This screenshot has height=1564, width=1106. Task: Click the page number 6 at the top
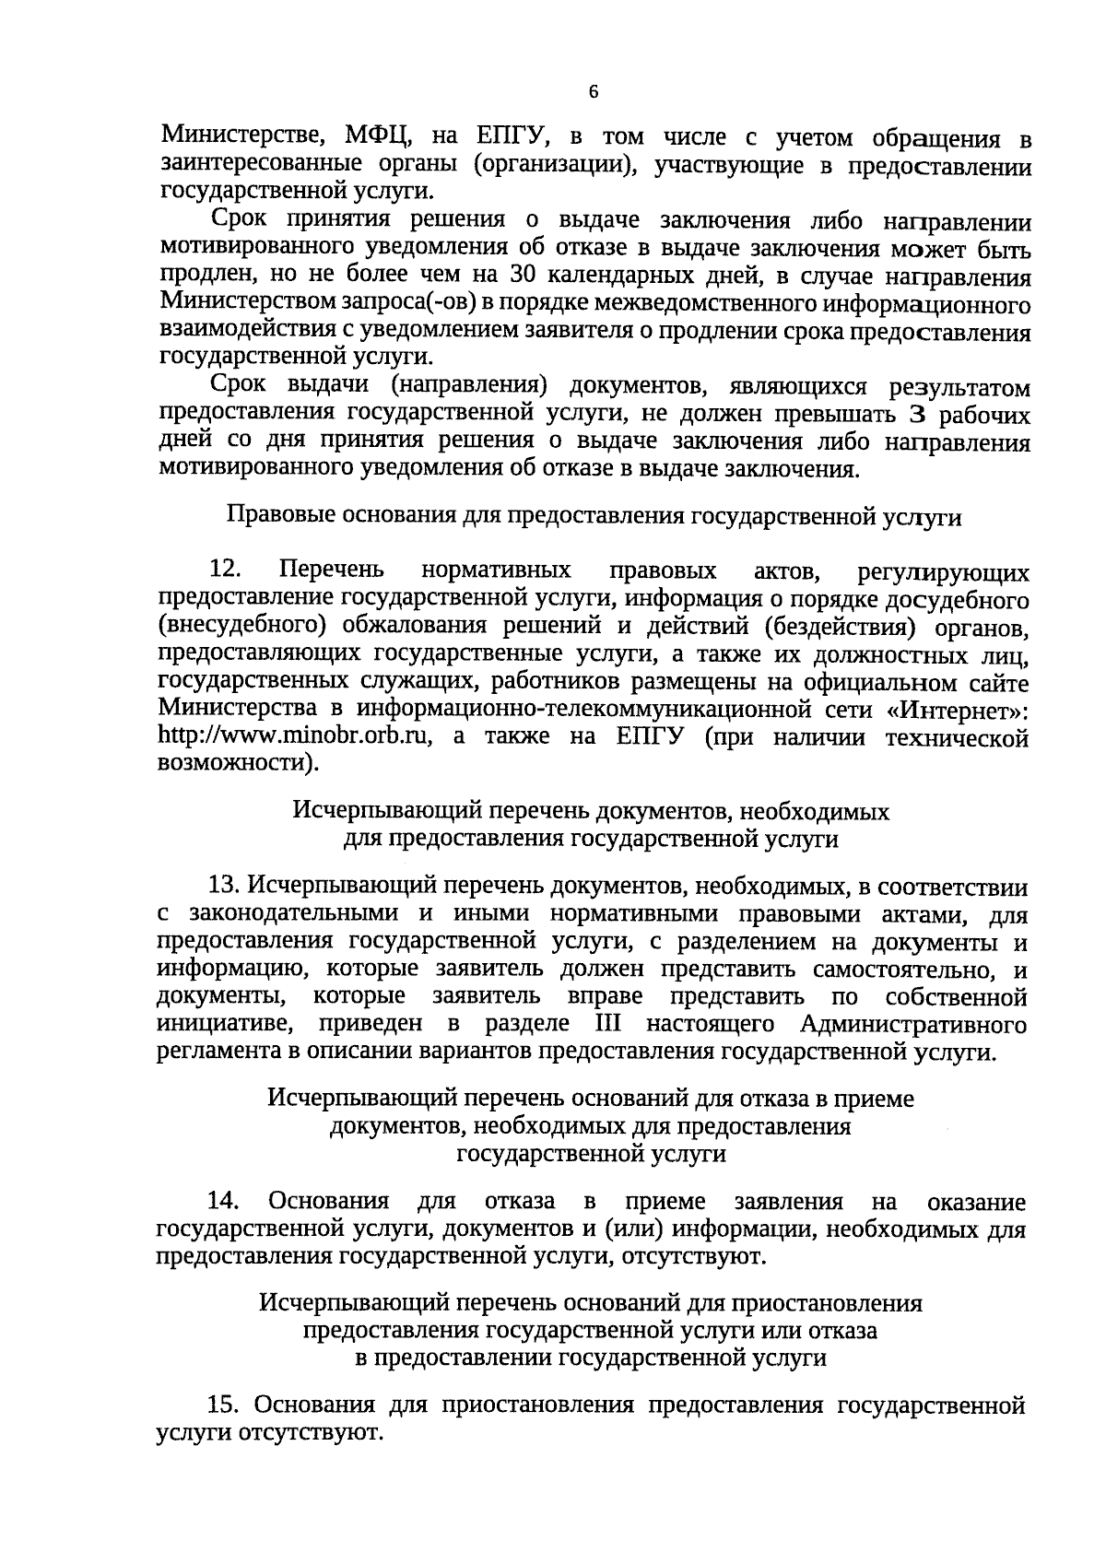pos(593,91)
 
